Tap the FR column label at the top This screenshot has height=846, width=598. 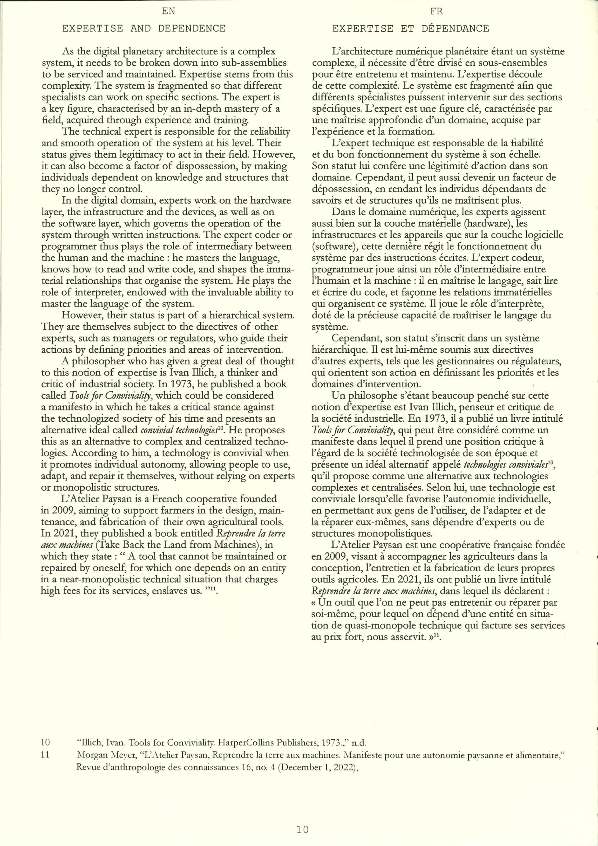click(437, 11)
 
